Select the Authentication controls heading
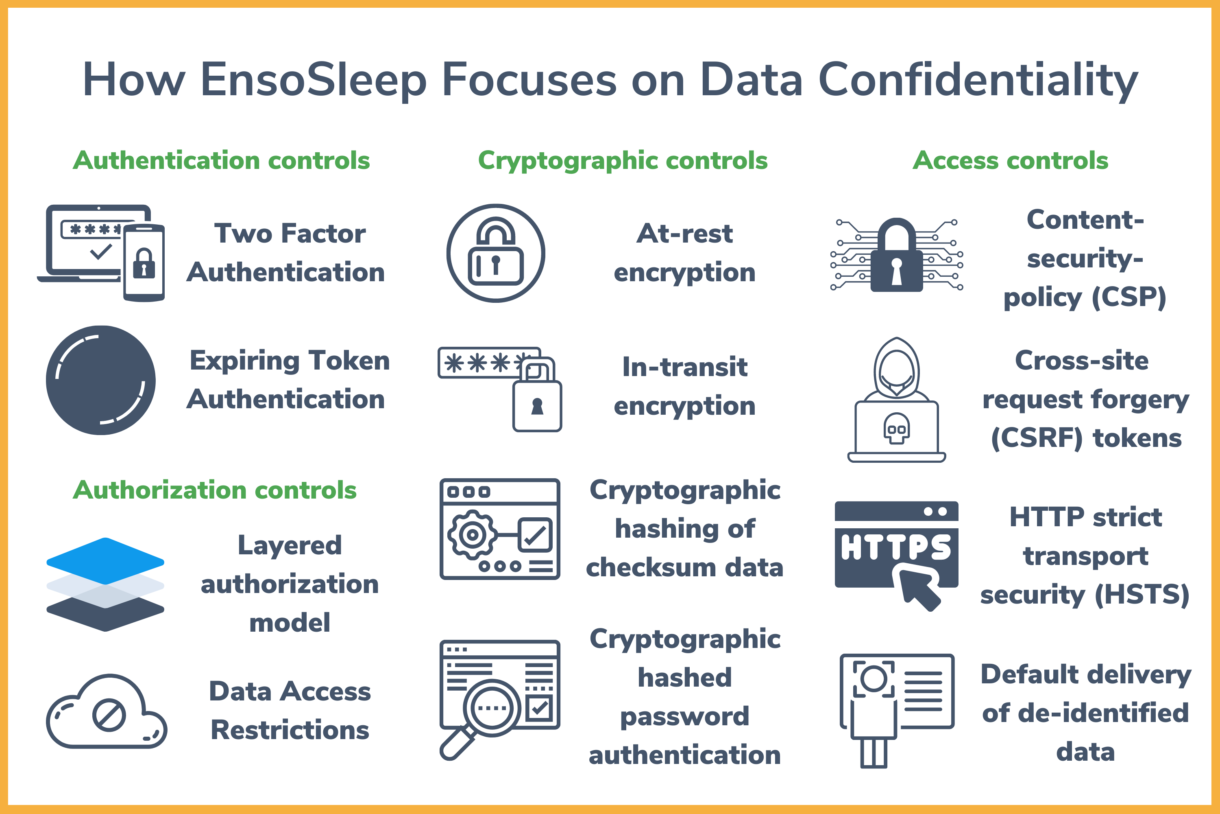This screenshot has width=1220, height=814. tap(222, 160)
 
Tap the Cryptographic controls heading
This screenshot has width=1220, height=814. tap(623, 161)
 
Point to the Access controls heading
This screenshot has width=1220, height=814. tap(1011, 160)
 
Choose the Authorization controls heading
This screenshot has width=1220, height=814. tap(215, 490)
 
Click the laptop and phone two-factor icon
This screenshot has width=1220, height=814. tap(101, 253)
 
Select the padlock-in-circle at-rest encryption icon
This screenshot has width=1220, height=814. tap(496, 253)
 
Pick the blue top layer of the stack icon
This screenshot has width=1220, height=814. tap(105, 561)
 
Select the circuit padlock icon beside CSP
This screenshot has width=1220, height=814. tap(897, 254)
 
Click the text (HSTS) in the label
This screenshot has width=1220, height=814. tap(1142, 595)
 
